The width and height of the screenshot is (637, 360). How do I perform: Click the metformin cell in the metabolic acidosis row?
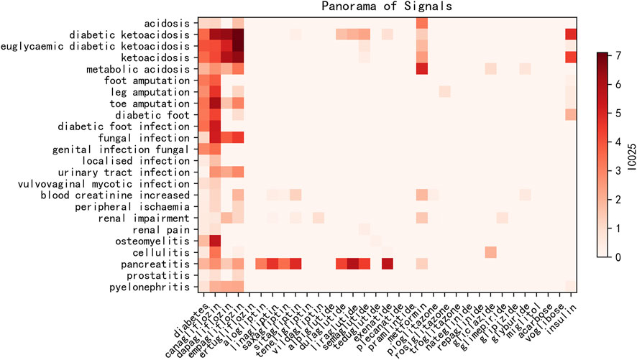coord(421,68)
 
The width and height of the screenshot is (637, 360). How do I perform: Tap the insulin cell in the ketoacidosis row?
coord(571,57)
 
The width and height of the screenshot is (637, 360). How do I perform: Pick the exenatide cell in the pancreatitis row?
coord(387,264)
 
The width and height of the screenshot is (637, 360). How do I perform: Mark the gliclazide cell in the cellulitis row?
coord(490,252)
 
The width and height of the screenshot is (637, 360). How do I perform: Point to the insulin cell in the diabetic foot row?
coord(571,114)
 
